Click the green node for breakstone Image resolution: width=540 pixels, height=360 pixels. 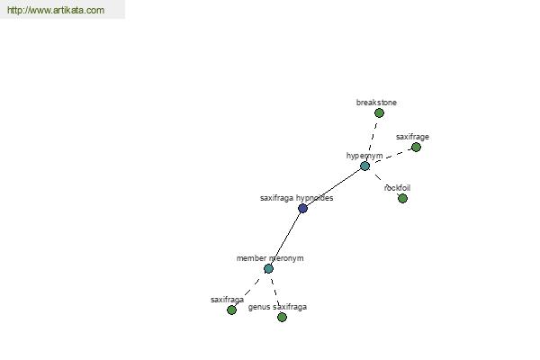(379, 113)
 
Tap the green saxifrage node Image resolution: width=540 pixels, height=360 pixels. (416, 147)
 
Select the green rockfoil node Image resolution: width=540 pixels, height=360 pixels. (402, 198)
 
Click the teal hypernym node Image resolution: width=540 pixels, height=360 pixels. (364, 166)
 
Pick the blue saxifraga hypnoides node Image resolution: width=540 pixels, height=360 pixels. (302, 209)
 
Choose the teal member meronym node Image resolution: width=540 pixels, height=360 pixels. (268, 269)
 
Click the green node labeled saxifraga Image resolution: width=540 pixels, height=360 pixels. (231, 310)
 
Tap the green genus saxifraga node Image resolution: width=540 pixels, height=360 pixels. (282, 318)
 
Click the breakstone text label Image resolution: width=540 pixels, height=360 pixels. (376, 103)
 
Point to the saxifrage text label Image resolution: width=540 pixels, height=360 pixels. (412, 137)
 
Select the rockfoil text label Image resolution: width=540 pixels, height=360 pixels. (397, 188)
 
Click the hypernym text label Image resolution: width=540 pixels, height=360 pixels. (364, 156)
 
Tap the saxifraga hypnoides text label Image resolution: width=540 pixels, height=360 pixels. (296, 198)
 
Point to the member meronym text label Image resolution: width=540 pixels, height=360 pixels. (270, 258)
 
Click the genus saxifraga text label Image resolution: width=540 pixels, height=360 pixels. (277, 307)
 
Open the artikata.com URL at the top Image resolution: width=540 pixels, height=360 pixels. (56, 10)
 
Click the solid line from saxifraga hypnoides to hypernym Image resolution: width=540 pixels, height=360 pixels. (333, 187)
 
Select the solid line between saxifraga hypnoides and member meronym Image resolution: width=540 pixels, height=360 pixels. (285, 238)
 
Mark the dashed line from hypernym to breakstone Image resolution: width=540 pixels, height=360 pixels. (372, 139)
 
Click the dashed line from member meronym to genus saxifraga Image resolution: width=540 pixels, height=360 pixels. (274, 292)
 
